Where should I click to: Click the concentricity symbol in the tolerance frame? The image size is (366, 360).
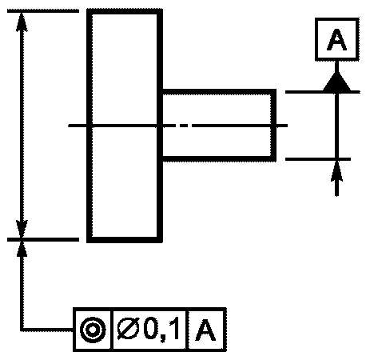point(93,330)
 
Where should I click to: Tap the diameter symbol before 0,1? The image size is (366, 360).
point(128,330)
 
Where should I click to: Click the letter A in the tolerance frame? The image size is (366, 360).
point(205,330)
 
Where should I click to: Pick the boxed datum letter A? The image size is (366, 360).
point(337,39)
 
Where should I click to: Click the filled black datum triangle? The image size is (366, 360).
point(337,82)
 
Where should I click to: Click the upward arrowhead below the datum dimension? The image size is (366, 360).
point(337,171)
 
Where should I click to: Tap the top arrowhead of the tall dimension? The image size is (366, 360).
point(22,22)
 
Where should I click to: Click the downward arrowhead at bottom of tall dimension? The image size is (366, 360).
point(22,229)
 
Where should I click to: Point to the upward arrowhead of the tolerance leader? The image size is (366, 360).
point(22,249)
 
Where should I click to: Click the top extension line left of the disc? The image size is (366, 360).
point(43,11)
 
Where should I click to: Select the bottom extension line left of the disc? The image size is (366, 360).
point(43,239)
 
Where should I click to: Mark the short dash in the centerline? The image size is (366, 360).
point(184,126)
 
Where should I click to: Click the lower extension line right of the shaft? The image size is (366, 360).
point(318,159)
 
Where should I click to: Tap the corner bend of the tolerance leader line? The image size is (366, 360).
point(22,330)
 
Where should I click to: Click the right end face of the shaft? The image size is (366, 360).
point(273,126)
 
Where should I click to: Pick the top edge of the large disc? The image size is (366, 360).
point(125,11)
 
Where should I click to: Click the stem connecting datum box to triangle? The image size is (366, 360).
point(337,66)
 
